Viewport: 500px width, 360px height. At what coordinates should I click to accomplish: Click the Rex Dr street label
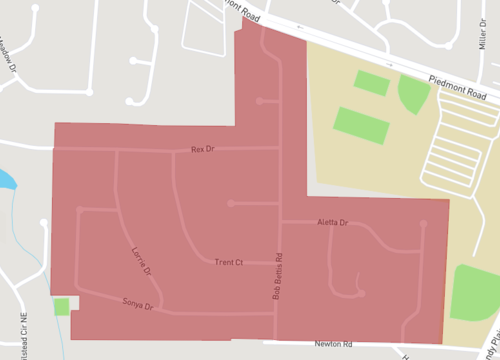tap(203, 150)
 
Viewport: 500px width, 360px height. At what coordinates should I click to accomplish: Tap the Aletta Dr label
tap(331, 222)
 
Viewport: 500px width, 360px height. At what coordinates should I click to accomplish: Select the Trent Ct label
tap(229, 263)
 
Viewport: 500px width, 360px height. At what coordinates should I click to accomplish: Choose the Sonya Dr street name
tap(136, 303)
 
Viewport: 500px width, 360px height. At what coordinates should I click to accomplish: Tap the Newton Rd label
tap(333, 344)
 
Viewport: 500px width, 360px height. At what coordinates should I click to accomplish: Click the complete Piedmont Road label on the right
tap(463, 88)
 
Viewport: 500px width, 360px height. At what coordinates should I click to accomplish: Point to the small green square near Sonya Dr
tap(62, 306)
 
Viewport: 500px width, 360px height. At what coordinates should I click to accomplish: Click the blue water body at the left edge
tap(5, 181)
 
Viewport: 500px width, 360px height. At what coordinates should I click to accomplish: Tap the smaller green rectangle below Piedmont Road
tap(371, 83)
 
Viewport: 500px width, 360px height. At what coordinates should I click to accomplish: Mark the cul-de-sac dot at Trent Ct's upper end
tap(230, 203)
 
